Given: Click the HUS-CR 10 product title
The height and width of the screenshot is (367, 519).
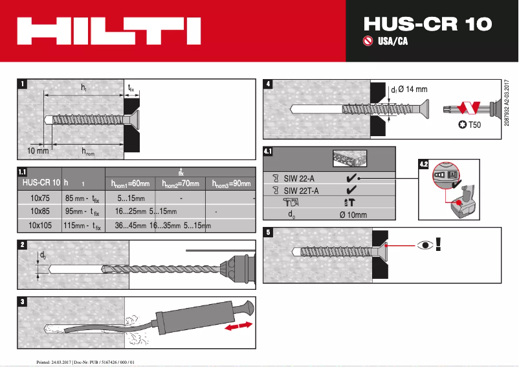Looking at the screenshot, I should tap(427, 23).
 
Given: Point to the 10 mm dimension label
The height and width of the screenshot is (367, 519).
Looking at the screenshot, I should tap(38, 150).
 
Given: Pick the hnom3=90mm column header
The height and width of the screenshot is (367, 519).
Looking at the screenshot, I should tap(231, 184).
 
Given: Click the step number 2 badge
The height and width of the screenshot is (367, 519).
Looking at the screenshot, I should tap(23, 244).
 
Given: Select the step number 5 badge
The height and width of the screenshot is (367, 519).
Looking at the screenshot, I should tap(269, 231).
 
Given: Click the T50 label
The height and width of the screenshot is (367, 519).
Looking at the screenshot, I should tap(474, 124).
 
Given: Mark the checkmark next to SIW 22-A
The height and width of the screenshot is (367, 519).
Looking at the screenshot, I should tap(350, 178).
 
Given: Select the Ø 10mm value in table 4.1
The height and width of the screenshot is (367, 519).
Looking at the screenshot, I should tap(353, 215).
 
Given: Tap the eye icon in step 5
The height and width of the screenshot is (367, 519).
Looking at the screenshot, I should tap(425, 245).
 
